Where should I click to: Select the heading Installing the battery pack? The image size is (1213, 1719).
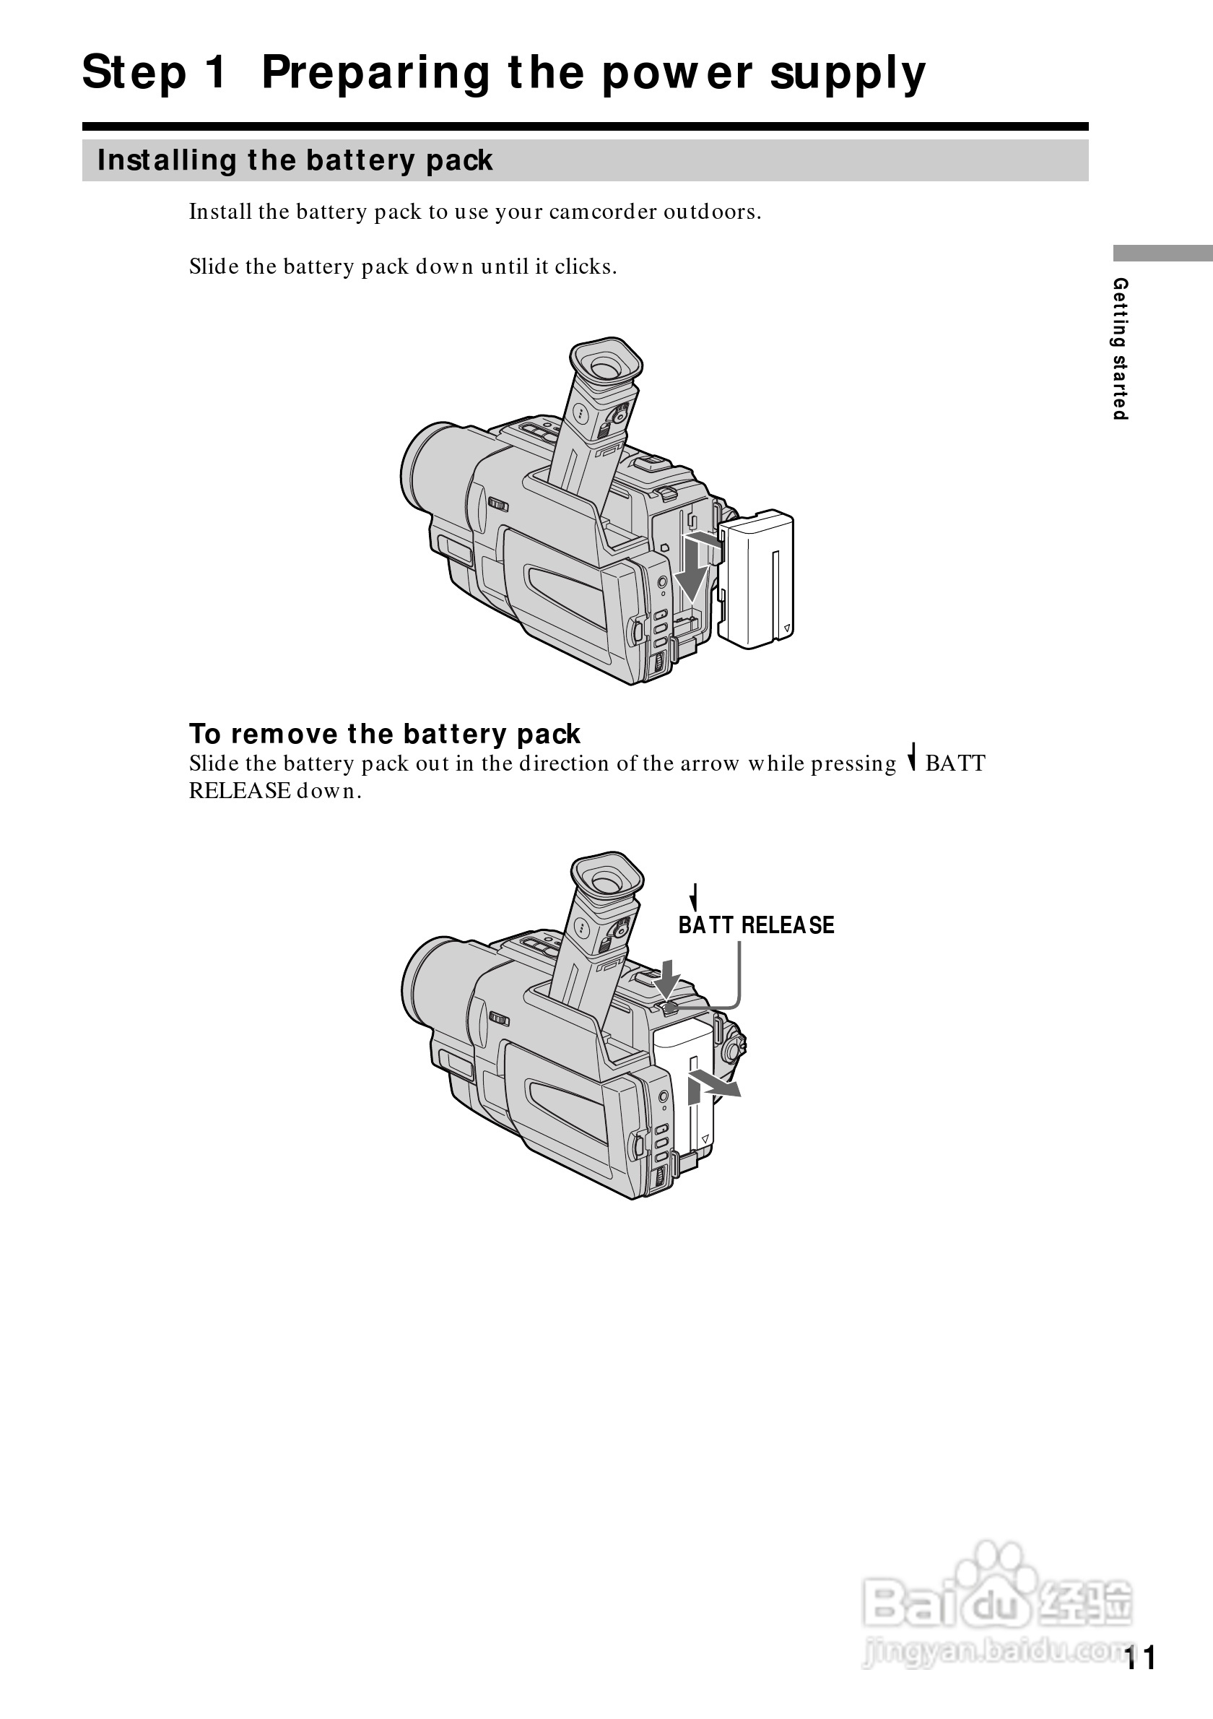click(295, 160)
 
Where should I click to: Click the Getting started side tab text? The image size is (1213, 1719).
click(1120, 349)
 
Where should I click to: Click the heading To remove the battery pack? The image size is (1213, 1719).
click(385, 734)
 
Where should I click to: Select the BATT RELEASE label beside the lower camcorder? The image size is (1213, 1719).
click(756, 925)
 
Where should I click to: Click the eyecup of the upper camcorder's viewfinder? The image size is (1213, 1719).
click(606, 365)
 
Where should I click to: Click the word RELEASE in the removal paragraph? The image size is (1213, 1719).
click(240, 792)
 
